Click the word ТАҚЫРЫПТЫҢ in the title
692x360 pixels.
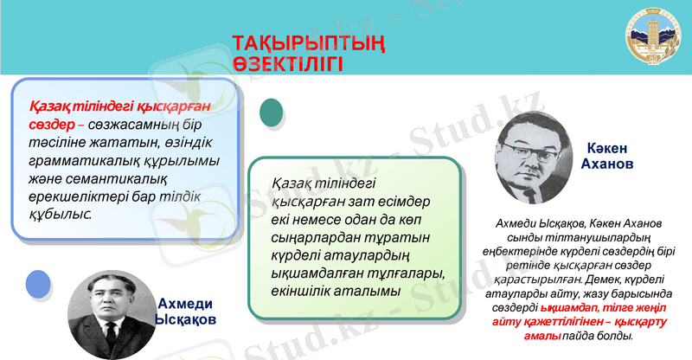(308, 44)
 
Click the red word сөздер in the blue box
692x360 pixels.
(52, 126)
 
